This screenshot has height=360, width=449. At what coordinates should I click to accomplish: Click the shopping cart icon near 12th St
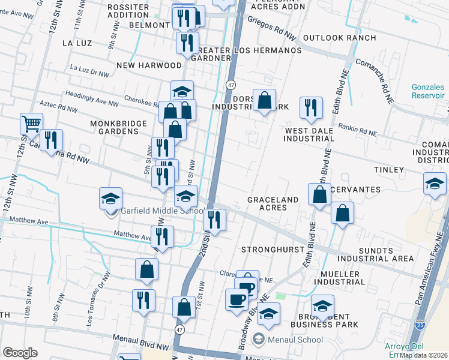pos(31,124)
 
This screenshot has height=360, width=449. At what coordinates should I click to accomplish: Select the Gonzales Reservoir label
pos(428,91)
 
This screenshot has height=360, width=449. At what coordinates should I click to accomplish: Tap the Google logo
pos(20,353)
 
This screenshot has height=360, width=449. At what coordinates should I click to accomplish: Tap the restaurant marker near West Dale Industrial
pos(311,108)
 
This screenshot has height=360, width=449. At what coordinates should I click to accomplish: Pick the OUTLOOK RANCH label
pos(340,38)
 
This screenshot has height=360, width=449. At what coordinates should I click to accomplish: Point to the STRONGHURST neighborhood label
pos(270,249)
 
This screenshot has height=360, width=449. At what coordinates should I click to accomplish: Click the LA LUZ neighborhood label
pos(76,43)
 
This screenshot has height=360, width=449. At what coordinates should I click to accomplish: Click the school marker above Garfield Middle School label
pos(110,198)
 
